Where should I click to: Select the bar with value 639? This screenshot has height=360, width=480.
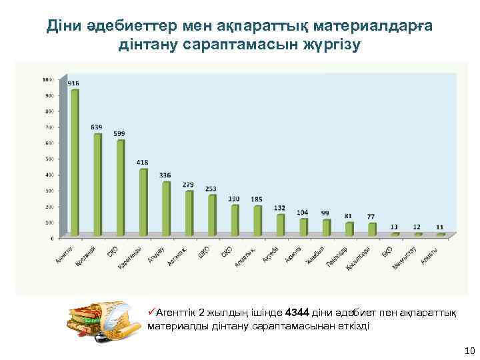(98, 184)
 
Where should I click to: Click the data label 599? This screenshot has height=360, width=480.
(119, 133)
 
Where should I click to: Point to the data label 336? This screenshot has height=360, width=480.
(165, 175)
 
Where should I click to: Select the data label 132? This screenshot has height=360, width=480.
(280, 208)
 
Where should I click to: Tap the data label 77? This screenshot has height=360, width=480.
(371, 217)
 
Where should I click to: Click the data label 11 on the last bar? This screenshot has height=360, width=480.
(440, 227)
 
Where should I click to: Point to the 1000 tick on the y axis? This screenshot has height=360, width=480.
(47, 79)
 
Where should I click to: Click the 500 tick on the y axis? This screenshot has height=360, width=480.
(49, 159)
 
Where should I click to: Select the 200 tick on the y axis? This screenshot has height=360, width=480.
(49, 206)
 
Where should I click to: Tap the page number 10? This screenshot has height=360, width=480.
(468, 351)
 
